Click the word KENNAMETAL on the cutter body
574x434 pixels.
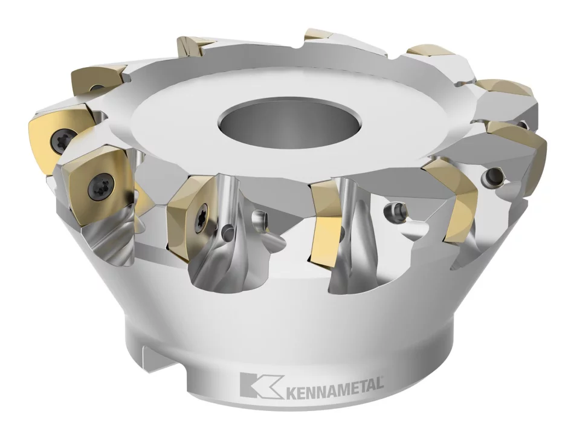[332, 385]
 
